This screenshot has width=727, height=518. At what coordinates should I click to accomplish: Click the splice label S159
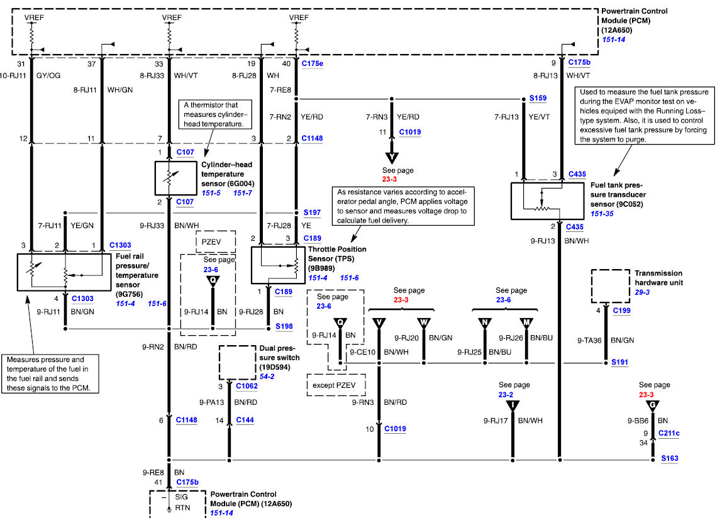click(x=538, y=98)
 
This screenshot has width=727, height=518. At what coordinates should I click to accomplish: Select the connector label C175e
click(x=312, y=63)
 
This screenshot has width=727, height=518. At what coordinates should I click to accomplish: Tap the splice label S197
click(x=312, y=212)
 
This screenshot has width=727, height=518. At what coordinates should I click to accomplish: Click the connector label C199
click(x=622, y=311)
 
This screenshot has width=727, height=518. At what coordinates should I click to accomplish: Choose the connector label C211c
click(x=669, y=433)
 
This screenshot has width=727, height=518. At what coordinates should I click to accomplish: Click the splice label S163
click(x=670, y=458)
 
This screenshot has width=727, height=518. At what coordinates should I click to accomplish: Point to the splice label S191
click(x=620, y=362)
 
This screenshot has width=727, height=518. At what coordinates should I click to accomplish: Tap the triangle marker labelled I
click(x=513, y=406)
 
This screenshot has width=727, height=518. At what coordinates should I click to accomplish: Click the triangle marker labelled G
click(x=652, y=406)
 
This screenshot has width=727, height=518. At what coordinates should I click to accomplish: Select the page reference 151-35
click(x=602, y=214)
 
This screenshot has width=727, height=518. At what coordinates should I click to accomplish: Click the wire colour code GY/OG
click(x=48, y=75)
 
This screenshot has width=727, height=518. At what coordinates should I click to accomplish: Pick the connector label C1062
click(x=247, y=386)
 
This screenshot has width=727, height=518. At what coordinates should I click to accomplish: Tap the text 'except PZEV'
click(x=334, y=385)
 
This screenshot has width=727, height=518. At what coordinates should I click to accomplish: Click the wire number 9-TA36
click(x=589, y=340)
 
